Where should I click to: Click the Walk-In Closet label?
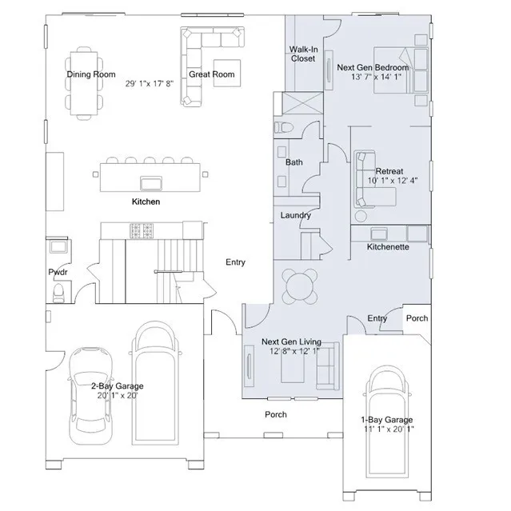[302, 54]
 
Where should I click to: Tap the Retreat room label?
[389, 171]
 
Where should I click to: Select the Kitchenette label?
[388, 248]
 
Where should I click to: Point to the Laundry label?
[295, 216]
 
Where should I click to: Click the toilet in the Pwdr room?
[57, 293]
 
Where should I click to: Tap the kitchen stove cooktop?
[145, 231]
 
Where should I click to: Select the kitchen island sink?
[149, 179]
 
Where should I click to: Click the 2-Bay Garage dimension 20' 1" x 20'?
[117, 396]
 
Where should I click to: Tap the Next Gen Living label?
[291, 342]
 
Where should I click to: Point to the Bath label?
[294, 162]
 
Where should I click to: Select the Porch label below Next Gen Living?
[276, 414]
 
